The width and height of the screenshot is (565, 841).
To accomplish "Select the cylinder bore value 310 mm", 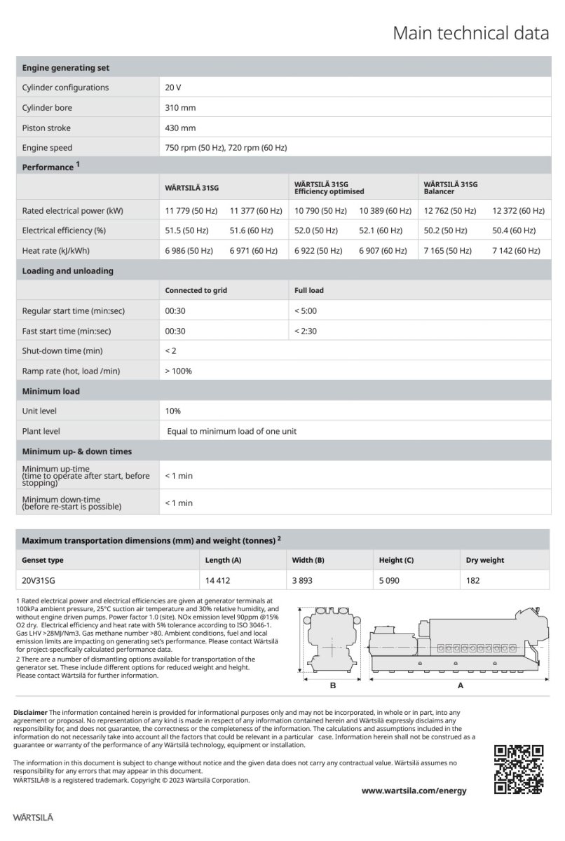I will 181,108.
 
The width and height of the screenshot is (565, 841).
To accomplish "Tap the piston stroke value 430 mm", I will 181,128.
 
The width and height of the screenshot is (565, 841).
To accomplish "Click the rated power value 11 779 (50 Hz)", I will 191,210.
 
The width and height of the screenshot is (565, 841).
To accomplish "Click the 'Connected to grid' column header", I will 196,290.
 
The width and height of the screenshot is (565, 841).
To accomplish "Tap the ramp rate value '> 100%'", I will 179,371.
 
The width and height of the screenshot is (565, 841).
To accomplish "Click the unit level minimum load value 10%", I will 172,411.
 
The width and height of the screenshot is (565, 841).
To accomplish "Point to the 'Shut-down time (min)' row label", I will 63,350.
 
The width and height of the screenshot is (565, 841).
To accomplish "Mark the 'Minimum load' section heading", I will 51,391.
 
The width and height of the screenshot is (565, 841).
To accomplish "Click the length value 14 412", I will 217,580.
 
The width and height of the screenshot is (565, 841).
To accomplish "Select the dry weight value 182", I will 473,580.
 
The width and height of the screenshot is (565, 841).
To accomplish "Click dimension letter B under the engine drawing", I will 333,685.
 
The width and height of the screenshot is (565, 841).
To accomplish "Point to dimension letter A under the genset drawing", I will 461,685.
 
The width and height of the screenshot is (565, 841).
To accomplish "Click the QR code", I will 519,770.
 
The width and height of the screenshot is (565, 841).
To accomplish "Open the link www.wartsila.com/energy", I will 414,791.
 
